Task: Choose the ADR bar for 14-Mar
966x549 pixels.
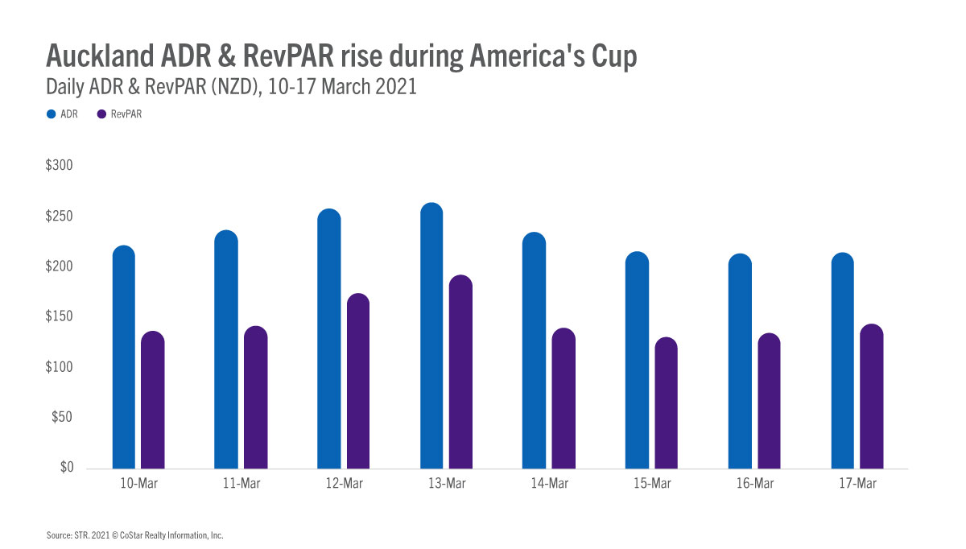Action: point(534,350)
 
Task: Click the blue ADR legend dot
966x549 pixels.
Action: point(51,115)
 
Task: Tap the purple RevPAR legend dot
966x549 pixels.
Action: point(101,115)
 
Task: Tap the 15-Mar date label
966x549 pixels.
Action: point(652,484)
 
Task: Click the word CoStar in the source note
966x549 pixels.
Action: point(140,535)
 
